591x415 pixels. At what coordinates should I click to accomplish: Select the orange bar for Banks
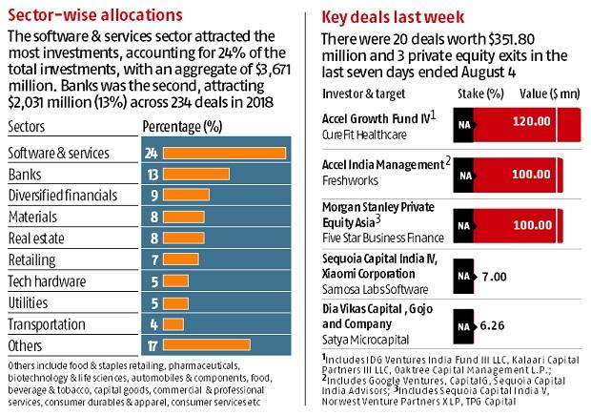point(196,174)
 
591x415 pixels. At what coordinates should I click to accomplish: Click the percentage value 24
point(150,153)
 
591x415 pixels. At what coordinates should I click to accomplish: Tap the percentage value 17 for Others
point(150,344)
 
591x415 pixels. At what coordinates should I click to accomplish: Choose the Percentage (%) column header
point(181,127)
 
